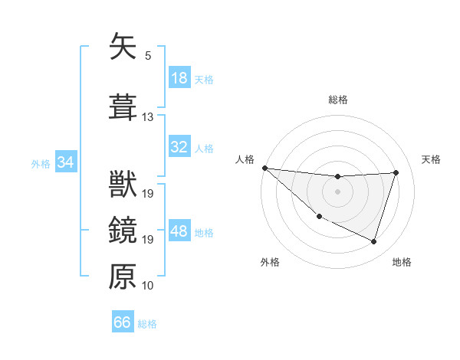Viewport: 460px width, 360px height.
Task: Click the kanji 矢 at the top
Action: click(123, 47)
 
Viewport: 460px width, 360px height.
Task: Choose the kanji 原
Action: click(123, 277)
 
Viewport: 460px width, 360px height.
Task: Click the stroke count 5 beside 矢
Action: click(148, 56)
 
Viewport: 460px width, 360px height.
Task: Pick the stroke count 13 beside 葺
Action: click(148, 117)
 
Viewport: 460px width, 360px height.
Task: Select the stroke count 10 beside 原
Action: click(148, 286)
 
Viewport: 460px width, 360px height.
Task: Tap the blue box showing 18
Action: click(179, 79)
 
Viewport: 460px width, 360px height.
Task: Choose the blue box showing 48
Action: click(179, 232)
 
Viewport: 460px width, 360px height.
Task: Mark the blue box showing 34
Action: click(65, 162)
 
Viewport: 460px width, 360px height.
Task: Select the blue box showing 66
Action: click(122, 323)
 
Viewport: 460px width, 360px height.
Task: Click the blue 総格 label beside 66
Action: click(147, 324)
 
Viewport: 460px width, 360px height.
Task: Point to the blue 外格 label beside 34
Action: click(41, 163)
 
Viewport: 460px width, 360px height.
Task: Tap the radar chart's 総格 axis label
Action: click(337, 100)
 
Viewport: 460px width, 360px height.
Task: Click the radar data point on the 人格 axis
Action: click(264, 168)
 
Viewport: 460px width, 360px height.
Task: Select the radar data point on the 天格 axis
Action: click(396, 172)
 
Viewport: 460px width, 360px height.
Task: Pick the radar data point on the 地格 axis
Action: click(373, 242)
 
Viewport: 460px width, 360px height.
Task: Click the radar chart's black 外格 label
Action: click(270, 262)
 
